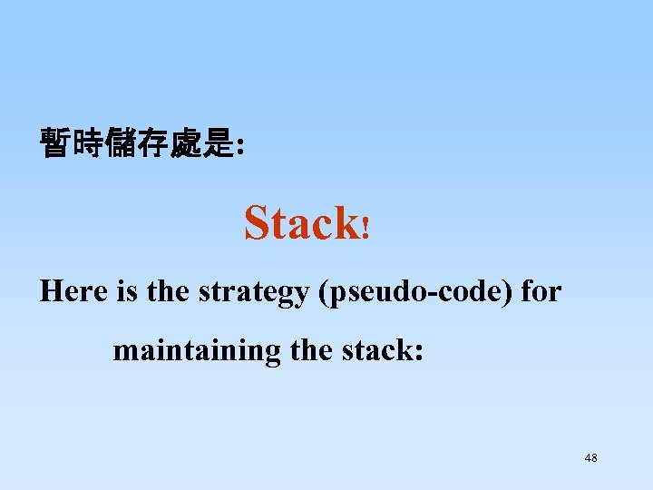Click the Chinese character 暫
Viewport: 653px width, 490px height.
(x=56, y=143)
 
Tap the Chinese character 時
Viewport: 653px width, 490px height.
(x=89, y=143)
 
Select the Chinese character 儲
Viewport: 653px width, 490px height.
(x=122, y=143)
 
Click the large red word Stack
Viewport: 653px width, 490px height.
(x=301, y=222)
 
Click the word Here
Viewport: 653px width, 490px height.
(x=74, y=291)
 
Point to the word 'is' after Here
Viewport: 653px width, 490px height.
(x=126, y=291)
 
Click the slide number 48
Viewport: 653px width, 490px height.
(x=590, y=458)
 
